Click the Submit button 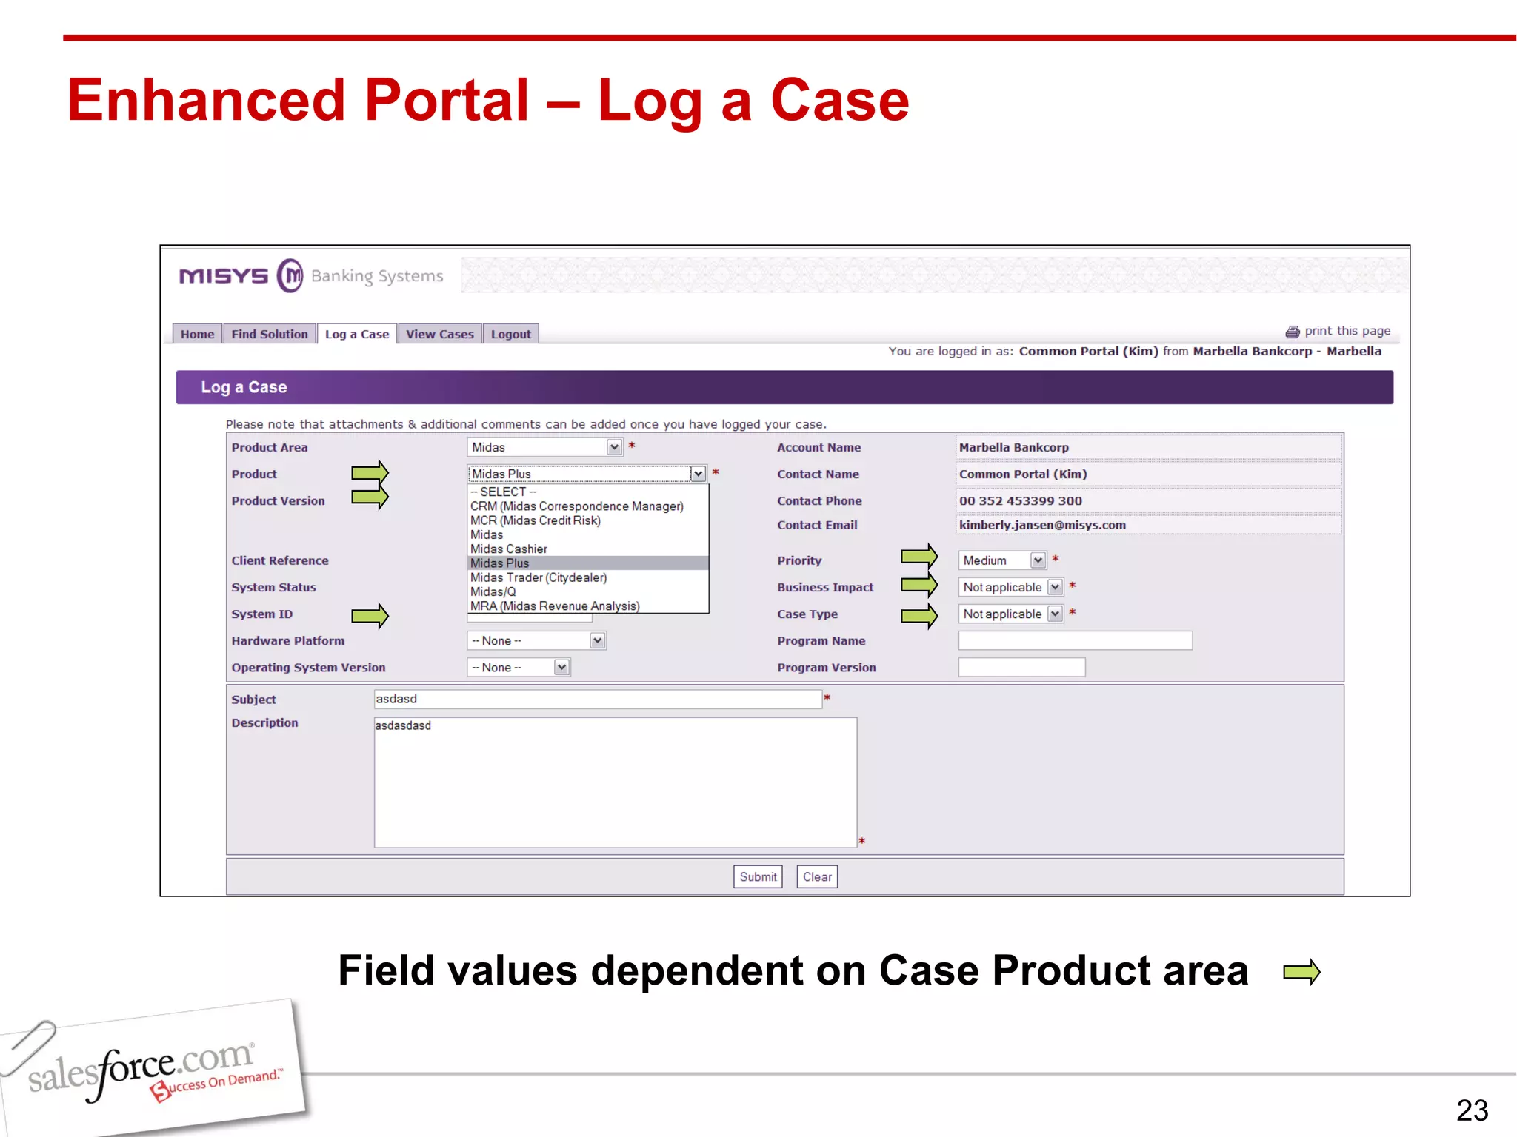pyautogui.click(x=758, y=877)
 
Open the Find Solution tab pyautogui.click(x=269, y=335)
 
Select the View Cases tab pyautogui.click(x=439, y=335)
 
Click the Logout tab pyautogui.click(x=510, y=335)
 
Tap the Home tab pyautogui.click(x=197, y=335)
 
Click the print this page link pyautogui.click(x=1346, y=331)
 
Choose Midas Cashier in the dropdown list pyautogui.click(x=509, y=549)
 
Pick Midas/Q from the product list pyautogui.click(x=493, y=591)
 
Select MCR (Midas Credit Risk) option pyautogui.click(x=536, y=520)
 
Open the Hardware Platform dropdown pyautogui.click(x=536, y=641)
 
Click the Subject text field pyautogui.click(x=597, y=700)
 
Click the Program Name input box pyautogui.click(x=1075, y=641)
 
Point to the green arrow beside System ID pyautogui.click(x=370, y=615)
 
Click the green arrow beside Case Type pyautogui.click(x=919, y=615)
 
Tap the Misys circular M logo pyautogui.click(x=290, y=276)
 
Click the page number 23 pyautogui.click(x=1471, y=1110)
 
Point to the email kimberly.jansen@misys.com pyautogui.click(x=1042, y=525)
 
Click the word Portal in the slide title pyautogui.click(x=447, y=101)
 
